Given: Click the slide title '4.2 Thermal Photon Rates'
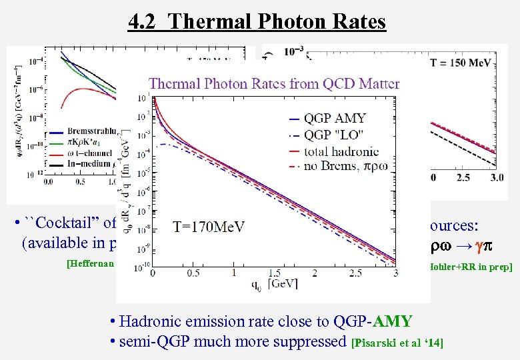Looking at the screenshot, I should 257,22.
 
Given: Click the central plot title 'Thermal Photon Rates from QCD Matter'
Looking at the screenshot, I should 274,83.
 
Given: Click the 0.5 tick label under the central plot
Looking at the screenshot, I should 193,273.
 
